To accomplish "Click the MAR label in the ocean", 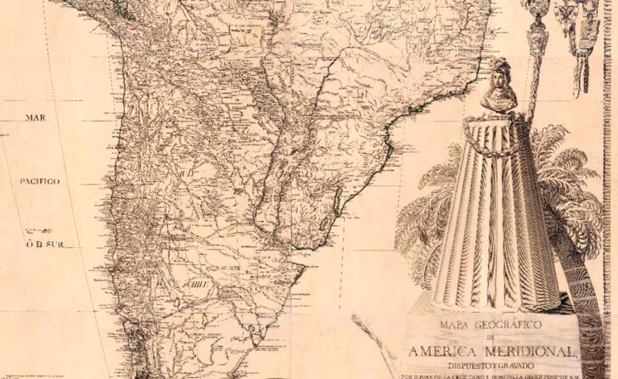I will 35,118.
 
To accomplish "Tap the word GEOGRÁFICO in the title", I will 506,323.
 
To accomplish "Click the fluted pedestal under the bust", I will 501,221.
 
